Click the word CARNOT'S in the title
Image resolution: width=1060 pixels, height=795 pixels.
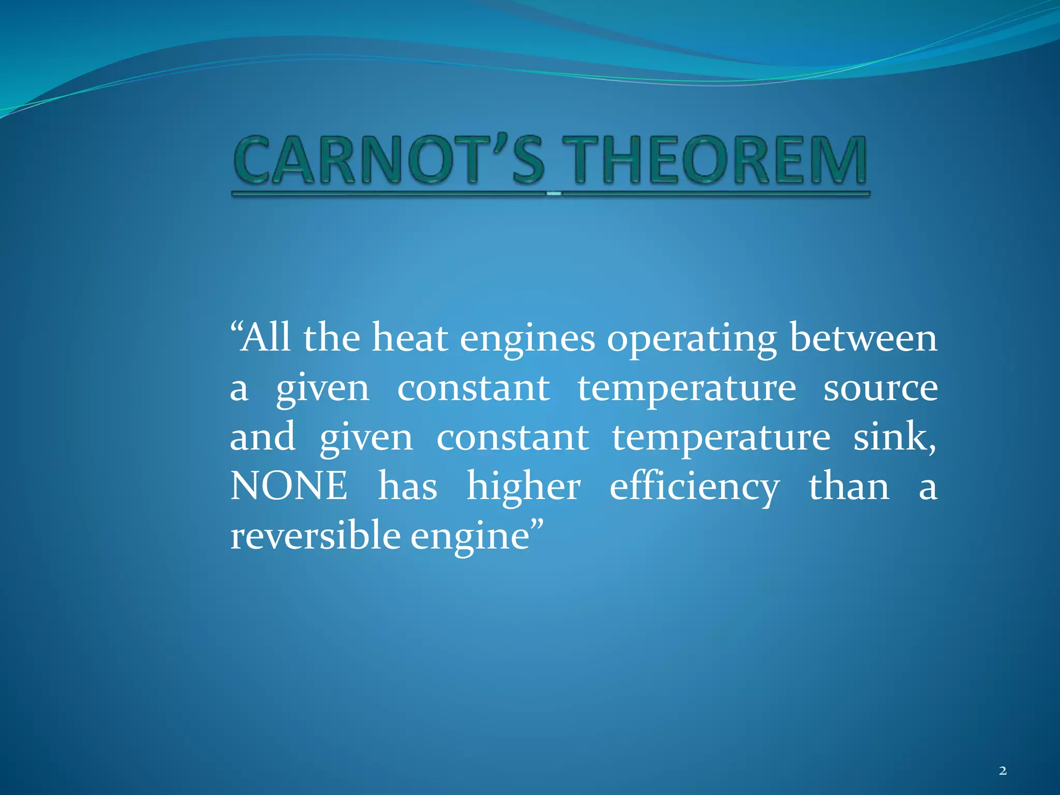pos(389,160)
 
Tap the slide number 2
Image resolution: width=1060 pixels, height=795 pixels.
pos(1003,771)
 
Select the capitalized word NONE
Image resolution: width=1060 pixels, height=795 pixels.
pos(289,486)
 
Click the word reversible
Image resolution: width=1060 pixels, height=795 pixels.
pos(315,536)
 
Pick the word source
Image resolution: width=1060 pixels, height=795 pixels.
pos(880,388)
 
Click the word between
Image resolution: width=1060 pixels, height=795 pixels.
pos(863,338)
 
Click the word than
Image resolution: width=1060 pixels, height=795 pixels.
pos(849,487)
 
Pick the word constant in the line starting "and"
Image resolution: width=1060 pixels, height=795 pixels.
pos(512,437)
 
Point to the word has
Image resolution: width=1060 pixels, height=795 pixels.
pos(407,487)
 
